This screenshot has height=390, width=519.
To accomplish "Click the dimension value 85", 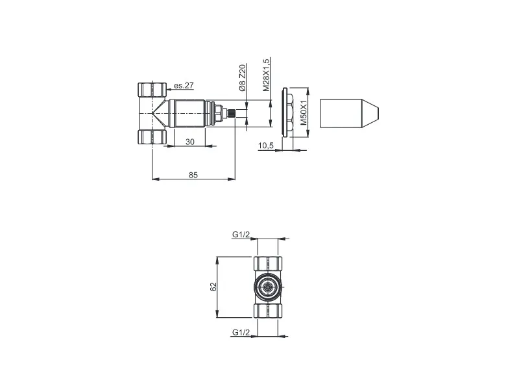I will coord(193,174).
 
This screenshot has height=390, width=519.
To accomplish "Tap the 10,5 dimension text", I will coord(266,146).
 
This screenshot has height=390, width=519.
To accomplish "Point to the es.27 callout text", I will coord(184,85).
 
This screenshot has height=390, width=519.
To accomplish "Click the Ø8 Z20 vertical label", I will coord(242,81).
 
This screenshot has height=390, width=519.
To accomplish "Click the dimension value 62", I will coord(213,287).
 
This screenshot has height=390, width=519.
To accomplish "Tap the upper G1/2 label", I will coord(241,235).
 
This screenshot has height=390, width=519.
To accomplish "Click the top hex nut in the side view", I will coord(151,90).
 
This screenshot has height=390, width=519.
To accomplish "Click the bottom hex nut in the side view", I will coord(151,137).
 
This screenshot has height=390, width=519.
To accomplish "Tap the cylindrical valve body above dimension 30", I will coord(191,114).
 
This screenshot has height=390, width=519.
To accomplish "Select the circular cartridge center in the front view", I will coord(267,287).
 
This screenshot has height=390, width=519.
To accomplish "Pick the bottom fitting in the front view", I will coord(267,309).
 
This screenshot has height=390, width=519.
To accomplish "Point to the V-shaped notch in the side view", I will coord(158,114).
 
